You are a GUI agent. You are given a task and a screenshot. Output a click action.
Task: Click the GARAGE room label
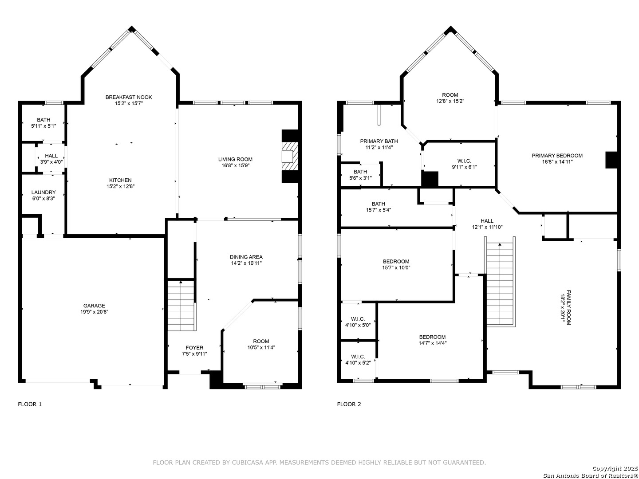[94, 306]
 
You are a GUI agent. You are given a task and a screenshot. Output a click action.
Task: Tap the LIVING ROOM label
[235, 159]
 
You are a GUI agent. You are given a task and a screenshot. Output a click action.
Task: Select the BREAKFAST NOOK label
[129, 97]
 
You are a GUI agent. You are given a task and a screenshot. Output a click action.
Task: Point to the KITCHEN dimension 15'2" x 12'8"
[121, 186]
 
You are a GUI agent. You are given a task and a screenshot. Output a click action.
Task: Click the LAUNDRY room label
[43, 192]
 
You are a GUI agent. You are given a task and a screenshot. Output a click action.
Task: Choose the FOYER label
[194, 348]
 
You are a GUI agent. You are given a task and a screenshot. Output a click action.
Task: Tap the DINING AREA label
[246, 257]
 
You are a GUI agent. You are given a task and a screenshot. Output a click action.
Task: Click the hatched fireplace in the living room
[290, 156]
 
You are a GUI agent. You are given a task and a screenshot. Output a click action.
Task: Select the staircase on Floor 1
[181, 306]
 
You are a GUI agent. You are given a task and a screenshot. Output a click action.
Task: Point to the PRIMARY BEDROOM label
[557, 156]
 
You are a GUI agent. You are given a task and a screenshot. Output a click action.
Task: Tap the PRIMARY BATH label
[379, 141]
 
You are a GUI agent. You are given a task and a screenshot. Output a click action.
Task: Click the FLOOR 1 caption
[30, 404]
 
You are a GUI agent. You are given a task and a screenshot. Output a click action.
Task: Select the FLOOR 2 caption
[349, 404]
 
